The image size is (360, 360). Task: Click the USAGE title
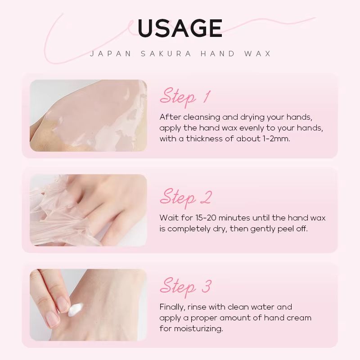180,28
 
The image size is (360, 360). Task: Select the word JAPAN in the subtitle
111,54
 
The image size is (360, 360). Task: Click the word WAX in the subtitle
258,54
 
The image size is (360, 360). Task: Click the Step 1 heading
185,96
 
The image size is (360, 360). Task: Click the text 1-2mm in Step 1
276,139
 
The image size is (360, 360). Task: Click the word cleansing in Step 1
201,117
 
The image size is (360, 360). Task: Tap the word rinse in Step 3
199,307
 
